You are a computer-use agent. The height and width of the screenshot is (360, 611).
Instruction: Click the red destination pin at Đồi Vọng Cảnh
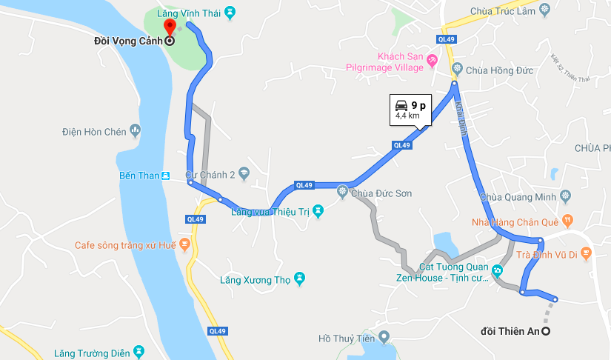tap(169, 27)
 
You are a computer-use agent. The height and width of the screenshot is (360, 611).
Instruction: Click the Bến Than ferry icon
tap(165, 176)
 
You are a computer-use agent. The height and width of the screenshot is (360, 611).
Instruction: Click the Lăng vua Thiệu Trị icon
tap(318, 211)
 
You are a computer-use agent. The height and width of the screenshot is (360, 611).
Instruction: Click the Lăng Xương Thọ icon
tap(299, 279)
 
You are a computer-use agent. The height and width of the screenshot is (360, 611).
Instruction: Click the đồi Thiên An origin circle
tap(546, 331)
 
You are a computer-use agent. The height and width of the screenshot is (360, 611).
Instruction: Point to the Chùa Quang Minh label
tap(518, 197)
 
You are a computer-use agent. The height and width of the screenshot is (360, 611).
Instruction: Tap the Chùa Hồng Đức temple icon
tap(456, 70)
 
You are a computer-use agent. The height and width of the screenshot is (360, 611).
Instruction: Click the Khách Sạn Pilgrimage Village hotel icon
tap(432, 67)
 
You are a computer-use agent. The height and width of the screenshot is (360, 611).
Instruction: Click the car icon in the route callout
tap(401, 104)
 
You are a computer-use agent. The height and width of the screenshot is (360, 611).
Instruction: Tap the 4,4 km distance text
tap(407, 116)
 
